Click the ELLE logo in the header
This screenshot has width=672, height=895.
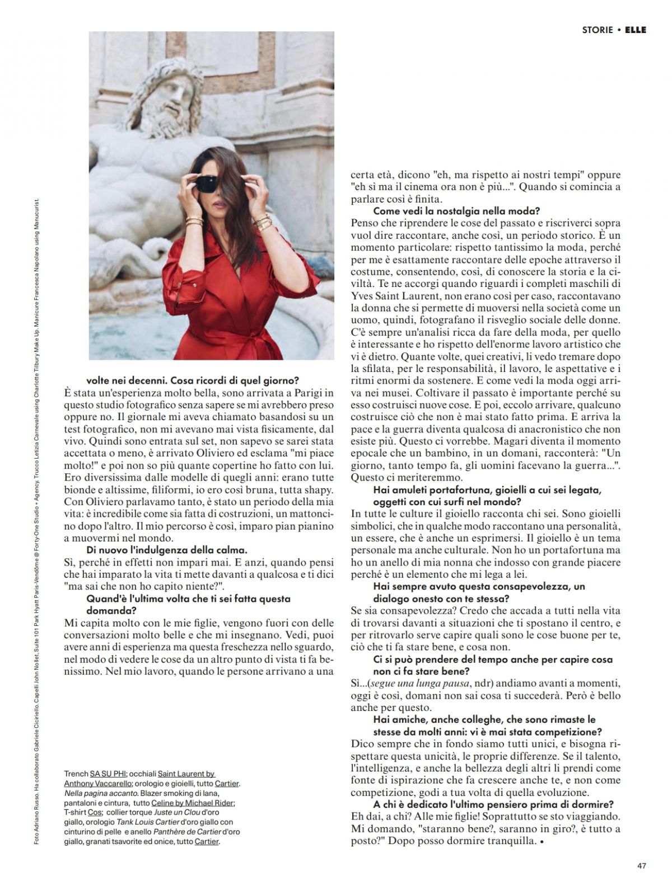tap(635, 30)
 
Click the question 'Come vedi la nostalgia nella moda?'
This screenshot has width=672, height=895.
tap(456, 211)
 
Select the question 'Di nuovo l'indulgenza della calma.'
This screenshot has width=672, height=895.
tap(166, 550)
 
